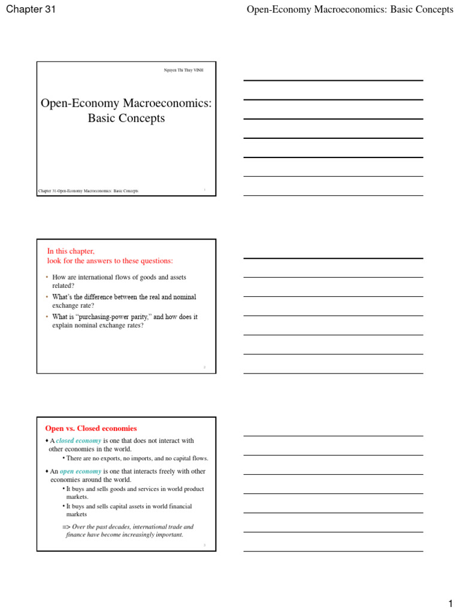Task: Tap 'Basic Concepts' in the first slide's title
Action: [x=126, y=118]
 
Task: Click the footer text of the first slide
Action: [x=88, y=191]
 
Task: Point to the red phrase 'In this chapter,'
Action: [x=71, y=251]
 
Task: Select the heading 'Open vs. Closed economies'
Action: [x=91, y=428]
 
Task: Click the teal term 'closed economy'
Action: [x=78, y=441]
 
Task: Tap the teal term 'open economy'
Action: [x=80, y=471]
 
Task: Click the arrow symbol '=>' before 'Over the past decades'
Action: [x=66, y=527]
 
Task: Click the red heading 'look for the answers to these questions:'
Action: [x=110, y=260]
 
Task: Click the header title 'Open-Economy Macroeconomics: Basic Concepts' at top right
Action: [x=350, y=10]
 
